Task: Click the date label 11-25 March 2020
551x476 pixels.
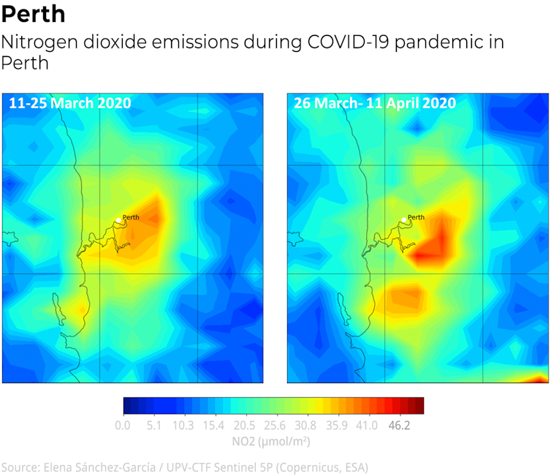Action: point(70,103)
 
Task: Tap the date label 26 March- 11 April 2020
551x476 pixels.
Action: point(375,103)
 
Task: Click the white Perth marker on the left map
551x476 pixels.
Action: point(118,220)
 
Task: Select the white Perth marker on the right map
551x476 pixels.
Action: point(403,220)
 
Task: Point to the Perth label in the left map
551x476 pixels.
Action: point(131,217)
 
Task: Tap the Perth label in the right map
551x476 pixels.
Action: point(416,217)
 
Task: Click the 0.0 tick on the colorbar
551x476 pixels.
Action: point(123,425)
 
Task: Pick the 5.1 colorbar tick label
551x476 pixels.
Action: point(153,425)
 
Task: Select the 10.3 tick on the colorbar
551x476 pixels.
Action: point(183,425)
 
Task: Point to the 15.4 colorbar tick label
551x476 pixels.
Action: point(214,425)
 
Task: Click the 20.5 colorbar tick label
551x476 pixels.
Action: point(245,425)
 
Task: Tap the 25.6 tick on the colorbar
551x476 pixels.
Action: point(275,425)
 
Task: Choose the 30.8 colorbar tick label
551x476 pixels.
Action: point(305,425)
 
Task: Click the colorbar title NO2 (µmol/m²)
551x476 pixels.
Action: point(273,441)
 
